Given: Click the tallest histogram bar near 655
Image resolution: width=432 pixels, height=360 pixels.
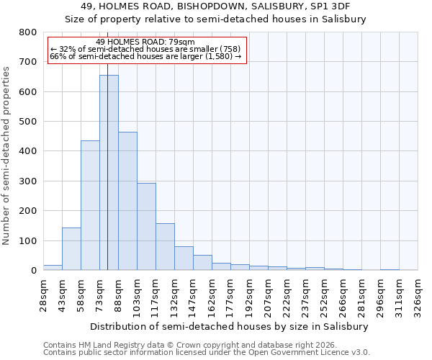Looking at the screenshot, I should (x=109, y=173).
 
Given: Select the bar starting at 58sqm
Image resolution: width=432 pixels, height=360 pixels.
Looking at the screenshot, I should (x=90, y=205).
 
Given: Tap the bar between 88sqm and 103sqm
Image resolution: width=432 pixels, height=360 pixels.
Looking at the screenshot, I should (x=127, y=201).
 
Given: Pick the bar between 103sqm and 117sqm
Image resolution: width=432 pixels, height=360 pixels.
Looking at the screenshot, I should (x=146, y=227).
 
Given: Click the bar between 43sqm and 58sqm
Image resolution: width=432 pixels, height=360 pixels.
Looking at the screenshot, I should (x=71, y=249).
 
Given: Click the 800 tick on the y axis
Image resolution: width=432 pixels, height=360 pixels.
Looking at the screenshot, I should (x=27, y=32).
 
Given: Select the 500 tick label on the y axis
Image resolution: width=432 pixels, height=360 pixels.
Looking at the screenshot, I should (x=27, y=122).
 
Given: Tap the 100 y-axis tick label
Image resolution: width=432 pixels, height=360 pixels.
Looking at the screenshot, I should (x=27, y=240).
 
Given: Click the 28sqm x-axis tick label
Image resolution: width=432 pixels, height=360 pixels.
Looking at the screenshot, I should (x=44, y=294).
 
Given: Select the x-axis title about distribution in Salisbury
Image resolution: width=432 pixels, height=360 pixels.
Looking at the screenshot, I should (x=230, y=326).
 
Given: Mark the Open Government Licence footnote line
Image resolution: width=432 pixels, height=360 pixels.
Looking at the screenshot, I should (x=207, y=353).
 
